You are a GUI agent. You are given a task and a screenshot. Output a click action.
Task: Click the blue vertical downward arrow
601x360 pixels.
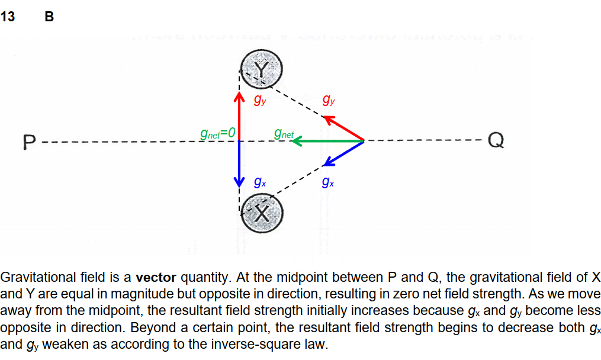pyautogui.click(x=239, y=163)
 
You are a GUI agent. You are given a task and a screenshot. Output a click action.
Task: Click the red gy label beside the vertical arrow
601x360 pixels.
pyautogui.click(x=259, y=101)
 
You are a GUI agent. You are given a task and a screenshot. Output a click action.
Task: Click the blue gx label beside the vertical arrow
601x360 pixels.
pyautogui.click(x=259, y=182)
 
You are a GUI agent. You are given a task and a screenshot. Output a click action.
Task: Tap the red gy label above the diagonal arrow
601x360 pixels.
pyautogui.click(x=328, y=100)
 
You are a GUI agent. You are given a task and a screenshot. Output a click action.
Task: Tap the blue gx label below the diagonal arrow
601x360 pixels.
pyautogui.click(x=328, y=182)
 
